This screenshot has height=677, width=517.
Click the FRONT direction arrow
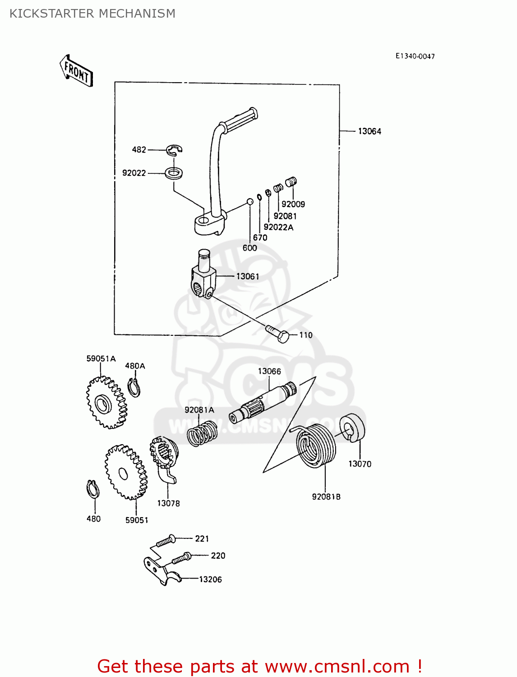tap(76, 71)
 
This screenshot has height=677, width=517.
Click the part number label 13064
tap(369, 131)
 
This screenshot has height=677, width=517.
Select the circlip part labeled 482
tap(174, 150)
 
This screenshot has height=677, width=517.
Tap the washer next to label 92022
tap(174, 172)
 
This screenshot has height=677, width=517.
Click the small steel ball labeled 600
tap(249, 202)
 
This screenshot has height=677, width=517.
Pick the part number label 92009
tap(293, 204)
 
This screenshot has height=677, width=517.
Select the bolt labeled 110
tap(277, 334)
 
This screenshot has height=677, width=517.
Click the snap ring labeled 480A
tap(134, 388)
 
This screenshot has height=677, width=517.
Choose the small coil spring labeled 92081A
tap(202, 434)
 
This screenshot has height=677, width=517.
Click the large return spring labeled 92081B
tap(315, 445)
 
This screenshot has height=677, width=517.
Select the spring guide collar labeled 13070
tap(352, 428)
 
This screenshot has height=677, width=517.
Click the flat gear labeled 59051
tap(126, 472)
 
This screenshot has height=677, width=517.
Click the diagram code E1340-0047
tap(415, 56)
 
